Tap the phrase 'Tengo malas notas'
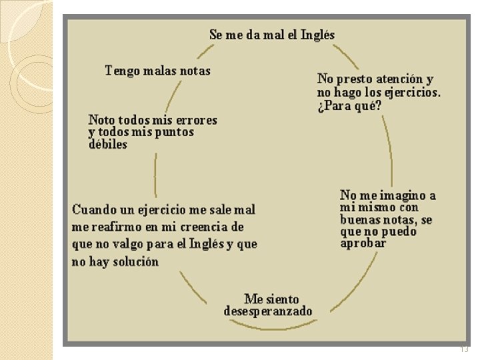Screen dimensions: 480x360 (158, 71)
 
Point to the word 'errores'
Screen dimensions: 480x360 (193, 120)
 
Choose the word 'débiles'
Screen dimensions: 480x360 (107, 145)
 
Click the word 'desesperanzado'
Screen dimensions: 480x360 (268, 311)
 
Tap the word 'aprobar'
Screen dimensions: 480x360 (363, 244)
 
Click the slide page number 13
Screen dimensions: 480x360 (465, 349)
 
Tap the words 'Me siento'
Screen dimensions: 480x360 (272, 299)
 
